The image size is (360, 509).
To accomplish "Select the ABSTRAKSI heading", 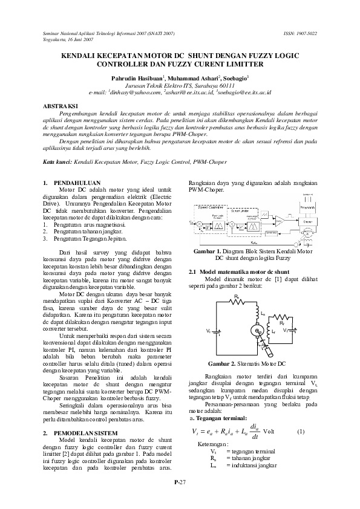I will pyautogui.click(x=64, y=106).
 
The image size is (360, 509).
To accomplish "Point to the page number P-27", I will pyautogui.click(x=180, y=481).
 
